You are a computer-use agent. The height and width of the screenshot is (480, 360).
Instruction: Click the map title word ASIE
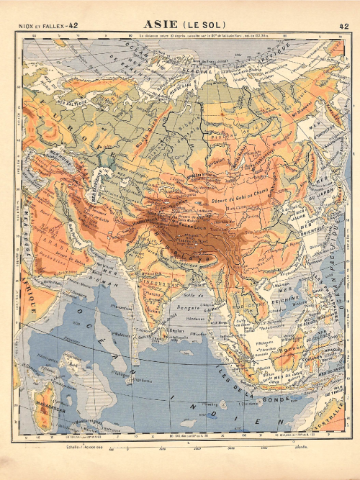point(163,25)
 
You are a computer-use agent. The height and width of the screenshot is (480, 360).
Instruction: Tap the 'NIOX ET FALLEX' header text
point(42,26)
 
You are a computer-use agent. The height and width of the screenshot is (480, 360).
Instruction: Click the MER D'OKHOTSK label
point(317,130)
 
